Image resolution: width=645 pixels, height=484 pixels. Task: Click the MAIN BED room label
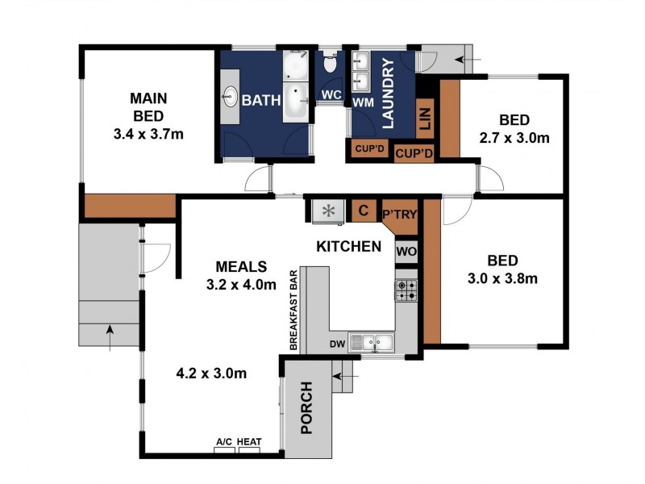click(148, 107)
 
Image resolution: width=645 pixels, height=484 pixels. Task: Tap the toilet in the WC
click(331, 63)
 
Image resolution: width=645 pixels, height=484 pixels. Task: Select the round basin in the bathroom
click(230, 97)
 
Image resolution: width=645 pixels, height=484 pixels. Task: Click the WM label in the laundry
click(364, 102)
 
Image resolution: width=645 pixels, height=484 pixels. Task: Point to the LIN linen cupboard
click(426, 119)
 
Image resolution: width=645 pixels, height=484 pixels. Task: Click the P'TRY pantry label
click(400, 215)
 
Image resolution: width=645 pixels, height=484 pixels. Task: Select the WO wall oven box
click(406, 252)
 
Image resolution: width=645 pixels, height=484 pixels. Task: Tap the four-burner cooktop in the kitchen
click(406, 290)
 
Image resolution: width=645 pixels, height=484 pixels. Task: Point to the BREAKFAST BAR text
click(293, 310)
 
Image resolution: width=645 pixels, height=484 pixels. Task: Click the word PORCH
click(307, 408)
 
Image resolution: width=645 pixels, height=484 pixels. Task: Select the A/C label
click(224, 441)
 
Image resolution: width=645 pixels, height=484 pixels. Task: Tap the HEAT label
click(249, 441)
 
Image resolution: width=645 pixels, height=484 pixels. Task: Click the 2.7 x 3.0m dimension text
click(514, 137)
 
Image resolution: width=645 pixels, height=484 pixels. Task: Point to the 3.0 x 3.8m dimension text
click(502, 278)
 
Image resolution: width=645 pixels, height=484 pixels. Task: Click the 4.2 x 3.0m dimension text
click(211, 373)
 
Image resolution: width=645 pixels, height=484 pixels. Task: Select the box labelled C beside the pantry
click(364, 211)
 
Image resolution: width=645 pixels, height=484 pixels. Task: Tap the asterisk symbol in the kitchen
click(328, 211)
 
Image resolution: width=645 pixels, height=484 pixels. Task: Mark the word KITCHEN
click(349, 247)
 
